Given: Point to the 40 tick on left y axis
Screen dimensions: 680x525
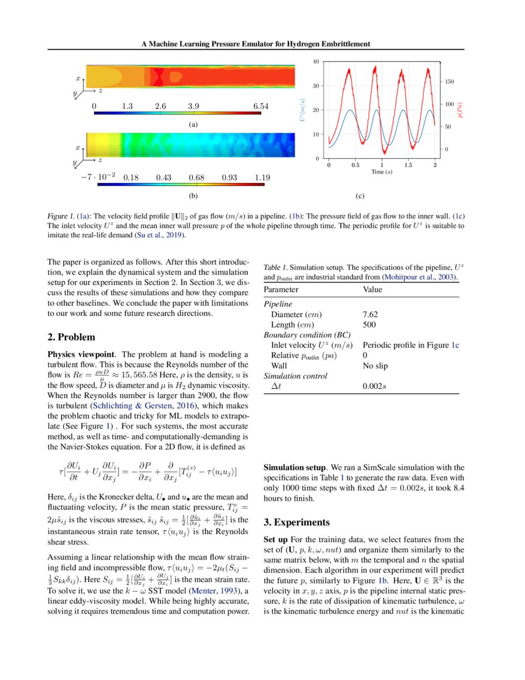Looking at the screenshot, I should tap(315, 62).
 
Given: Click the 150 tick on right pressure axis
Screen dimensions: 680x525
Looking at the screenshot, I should tap(449, 81).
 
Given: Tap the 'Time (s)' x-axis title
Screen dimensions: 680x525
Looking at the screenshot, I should tap(381, 171).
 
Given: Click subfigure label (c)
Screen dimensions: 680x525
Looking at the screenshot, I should tap(359, 197).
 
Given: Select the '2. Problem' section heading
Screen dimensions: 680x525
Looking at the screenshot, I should tap(71, 337).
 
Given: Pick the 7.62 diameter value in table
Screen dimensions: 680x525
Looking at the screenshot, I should tap(371, 315).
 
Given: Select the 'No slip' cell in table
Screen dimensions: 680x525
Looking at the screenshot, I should tap(375, 365).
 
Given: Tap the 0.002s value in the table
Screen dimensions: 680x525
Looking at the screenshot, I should tap(375, 386).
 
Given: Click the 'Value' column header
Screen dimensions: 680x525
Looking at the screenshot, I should tap(372, 289).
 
